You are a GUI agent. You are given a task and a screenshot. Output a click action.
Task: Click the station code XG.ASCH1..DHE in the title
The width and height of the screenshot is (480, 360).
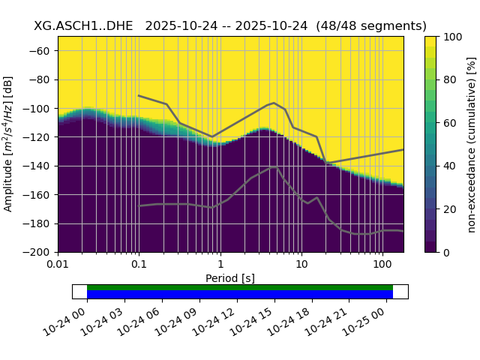point(83,25)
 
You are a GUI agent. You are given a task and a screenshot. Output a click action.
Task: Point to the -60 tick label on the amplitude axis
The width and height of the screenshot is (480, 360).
point(43,51)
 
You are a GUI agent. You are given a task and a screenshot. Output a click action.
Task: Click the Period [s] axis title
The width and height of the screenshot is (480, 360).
point(230,278)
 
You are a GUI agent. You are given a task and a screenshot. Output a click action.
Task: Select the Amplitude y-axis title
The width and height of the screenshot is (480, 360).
point(9,144)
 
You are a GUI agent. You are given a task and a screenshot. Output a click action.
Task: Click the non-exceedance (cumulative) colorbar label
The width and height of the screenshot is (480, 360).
point(472,144)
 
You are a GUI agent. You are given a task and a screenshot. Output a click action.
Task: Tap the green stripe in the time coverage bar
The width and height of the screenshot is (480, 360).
point(240,287)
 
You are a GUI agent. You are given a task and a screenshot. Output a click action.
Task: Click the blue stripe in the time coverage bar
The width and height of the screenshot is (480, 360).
point(240,295)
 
